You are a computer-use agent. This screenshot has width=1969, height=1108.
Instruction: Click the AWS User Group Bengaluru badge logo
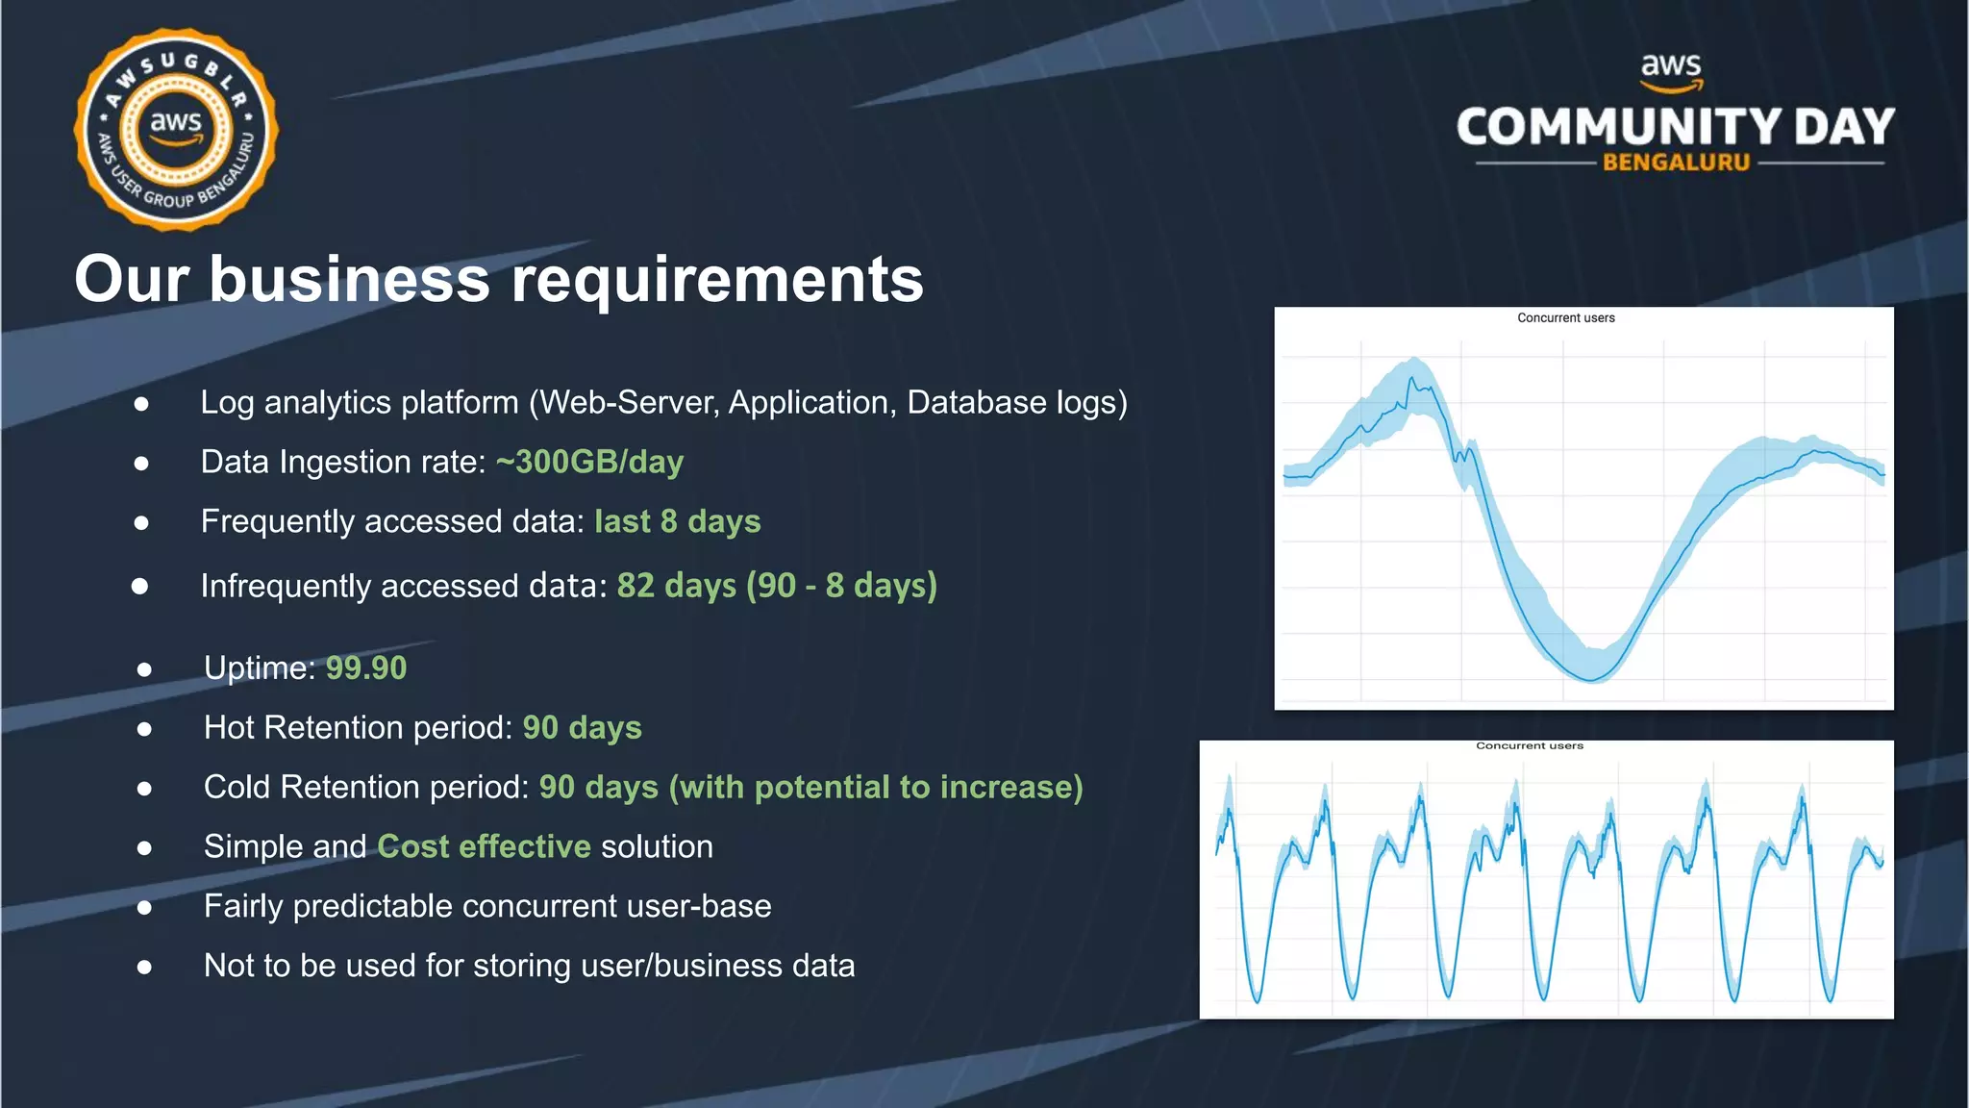(176, 129)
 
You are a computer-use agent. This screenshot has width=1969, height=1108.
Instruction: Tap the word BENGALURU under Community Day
(1676, 163)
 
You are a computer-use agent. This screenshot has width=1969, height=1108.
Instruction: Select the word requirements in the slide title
(716, 280)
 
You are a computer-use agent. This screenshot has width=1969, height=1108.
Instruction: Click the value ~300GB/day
(589, 462)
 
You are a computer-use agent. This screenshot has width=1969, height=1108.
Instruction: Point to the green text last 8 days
(677, 521)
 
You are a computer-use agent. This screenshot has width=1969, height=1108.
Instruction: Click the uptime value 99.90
(365, 667)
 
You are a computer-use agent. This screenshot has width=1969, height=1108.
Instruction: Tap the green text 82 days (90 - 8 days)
(776, 585)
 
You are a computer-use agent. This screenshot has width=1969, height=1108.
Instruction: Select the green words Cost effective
(484, 846)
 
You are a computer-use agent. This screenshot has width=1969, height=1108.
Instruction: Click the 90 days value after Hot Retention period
(582, 727)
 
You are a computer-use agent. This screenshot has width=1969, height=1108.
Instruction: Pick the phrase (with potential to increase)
(875, 787)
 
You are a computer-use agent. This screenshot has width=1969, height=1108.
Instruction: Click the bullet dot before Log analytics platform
(141, 404)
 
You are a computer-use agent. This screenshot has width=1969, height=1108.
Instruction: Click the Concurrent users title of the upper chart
(1565, 317)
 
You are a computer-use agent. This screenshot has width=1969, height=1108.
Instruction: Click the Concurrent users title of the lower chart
(1529, 745)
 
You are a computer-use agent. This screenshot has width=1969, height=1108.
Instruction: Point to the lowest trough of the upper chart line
(1591, 680)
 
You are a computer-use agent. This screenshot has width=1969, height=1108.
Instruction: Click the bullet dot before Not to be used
(144, 967)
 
